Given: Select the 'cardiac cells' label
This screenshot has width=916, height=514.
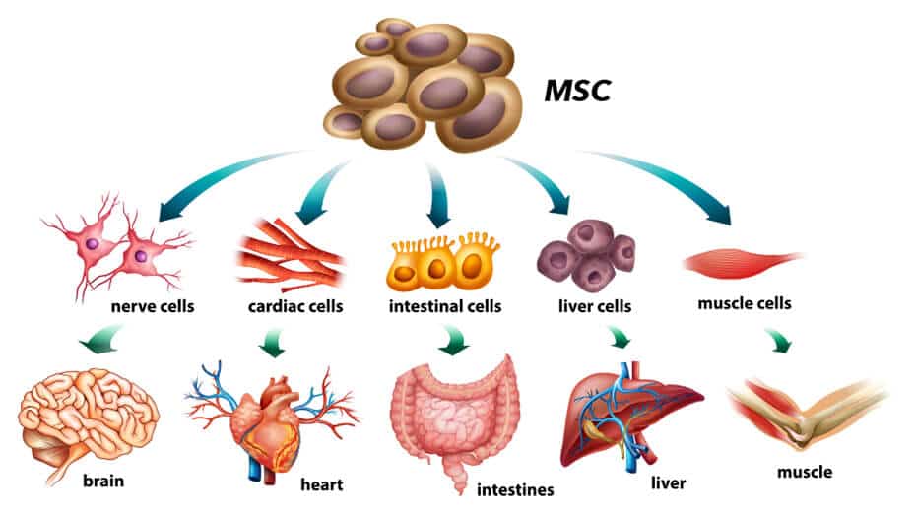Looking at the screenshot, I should (295, 306).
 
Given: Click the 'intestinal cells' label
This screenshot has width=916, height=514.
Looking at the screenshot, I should (445, 306).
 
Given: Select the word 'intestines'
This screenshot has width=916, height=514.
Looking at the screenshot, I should (515, 489).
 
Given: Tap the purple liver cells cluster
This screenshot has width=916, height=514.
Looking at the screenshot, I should (586, 251).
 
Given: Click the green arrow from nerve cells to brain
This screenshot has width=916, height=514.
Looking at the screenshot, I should (103, 342).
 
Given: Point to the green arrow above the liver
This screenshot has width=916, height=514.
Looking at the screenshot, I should (621, 339).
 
